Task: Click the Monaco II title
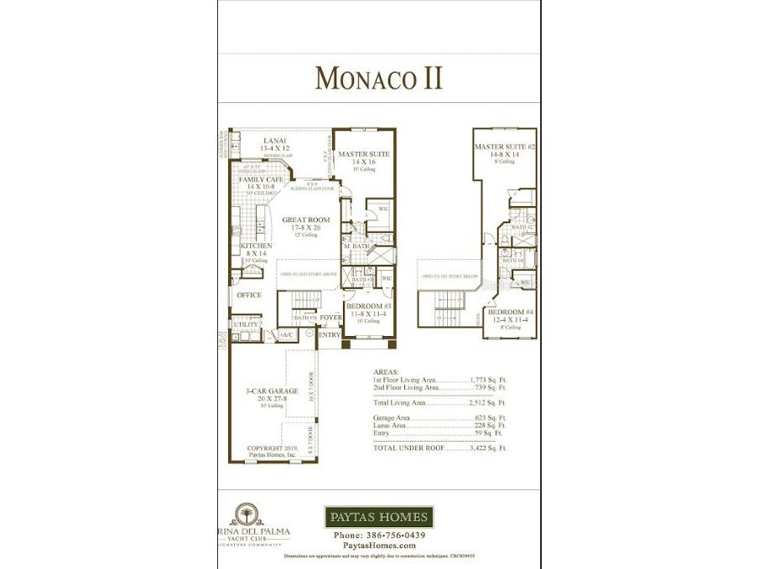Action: [x=378, y=78]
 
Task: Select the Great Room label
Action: [x=305, y=220]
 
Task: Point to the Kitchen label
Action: [x=256, y=246]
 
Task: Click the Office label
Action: [x=249, y=295]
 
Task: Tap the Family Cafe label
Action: [x=261, y=179]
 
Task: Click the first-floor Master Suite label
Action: [x=365, y=154]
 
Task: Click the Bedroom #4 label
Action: [x=512, y=313]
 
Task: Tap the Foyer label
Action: [x=330, y=318]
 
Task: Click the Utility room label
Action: [x=246, y=323]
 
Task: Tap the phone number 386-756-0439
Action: [x=378, y=535]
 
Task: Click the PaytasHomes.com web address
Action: [x=378, y=546]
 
